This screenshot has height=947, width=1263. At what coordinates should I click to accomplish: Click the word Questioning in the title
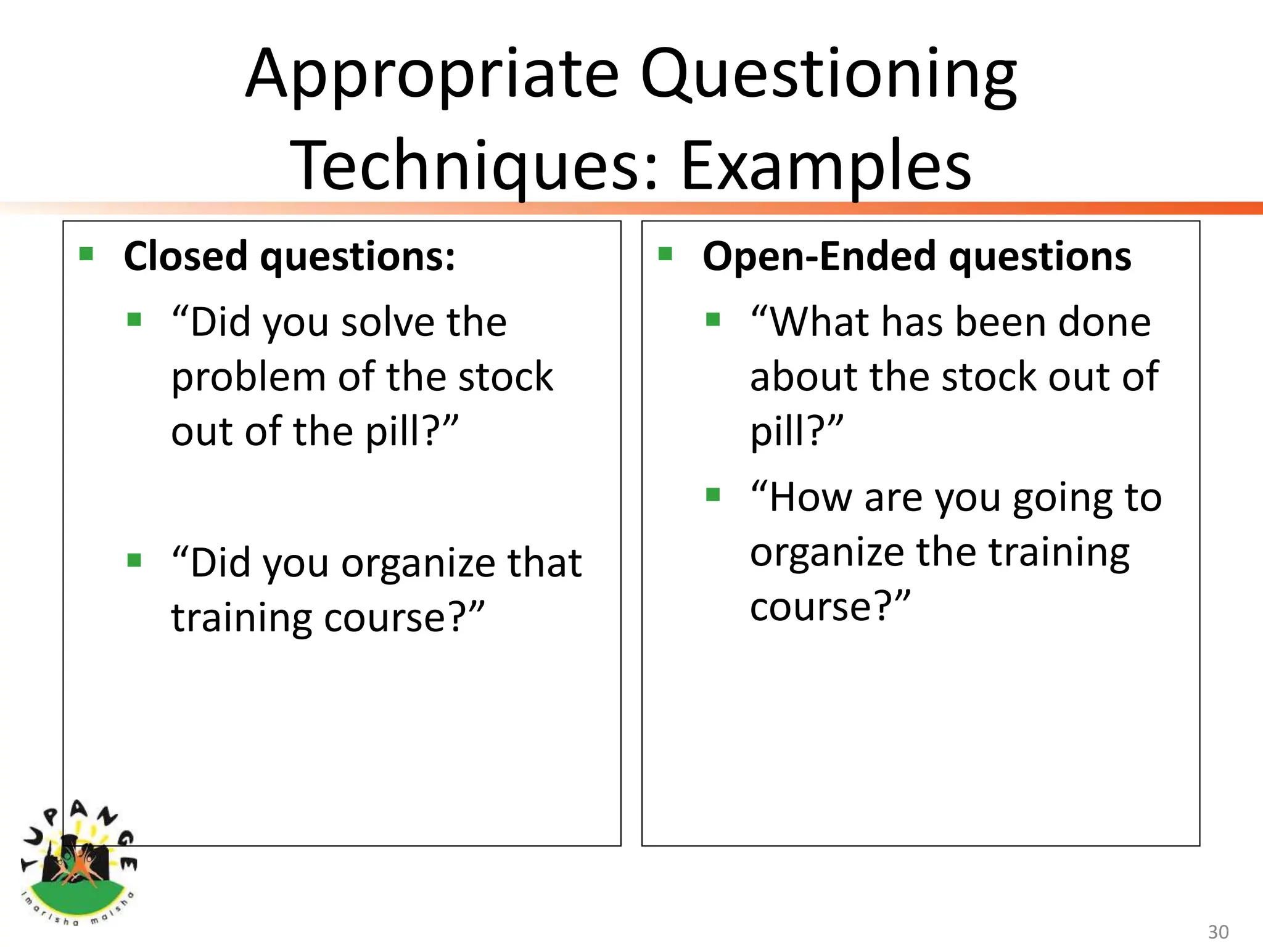(x=828, y=75)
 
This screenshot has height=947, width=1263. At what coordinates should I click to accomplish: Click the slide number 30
(x=1217, y=932)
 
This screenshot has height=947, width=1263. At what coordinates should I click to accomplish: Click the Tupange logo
(x=78, y=863)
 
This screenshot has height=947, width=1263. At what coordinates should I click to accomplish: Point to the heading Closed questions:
(x=289, y=256)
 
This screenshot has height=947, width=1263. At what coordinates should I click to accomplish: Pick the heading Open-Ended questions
(x=916, y=256)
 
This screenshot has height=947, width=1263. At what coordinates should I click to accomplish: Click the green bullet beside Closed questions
(x=86, y=254)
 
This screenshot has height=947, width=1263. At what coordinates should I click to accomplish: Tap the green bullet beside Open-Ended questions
(x=665, y=254)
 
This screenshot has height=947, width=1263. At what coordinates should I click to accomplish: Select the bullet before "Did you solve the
(x=134, y=319)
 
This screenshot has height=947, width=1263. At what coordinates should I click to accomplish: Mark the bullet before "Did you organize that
(x=134, y=560)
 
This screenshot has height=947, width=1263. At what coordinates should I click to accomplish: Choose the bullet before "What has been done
(x=713, y=319)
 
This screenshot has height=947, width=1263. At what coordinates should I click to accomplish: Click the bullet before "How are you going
(x=713, y=494)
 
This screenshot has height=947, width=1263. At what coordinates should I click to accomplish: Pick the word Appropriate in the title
(x=432, y=75)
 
